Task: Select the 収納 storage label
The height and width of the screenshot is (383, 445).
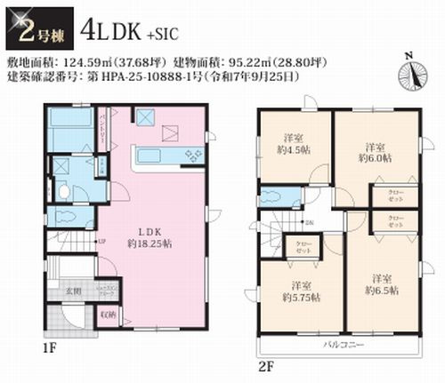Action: click(108, 314)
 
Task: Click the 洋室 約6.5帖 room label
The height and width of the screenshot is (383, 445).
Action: click(381, 283)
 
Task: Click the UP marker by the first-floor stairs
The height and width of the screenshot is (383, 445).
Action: click(101, 239)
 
